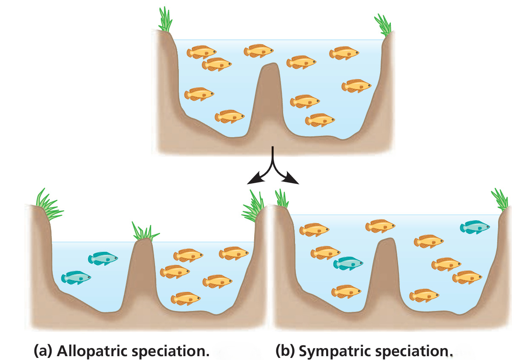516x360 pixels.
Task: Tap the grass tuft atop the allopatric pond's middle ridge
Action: point(143,231)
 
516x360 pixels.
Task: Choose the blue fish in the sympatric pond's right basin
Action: point(475,227)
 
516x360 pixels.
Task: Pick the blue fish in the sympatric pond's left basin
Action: point(348,263)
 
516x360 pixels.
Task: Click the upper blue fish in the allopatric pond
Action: point(103,258)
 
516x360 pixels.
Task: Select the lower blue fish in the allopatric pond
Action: point(76,277)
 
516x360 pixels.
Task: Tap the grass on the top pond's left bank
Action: point(165,19)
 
